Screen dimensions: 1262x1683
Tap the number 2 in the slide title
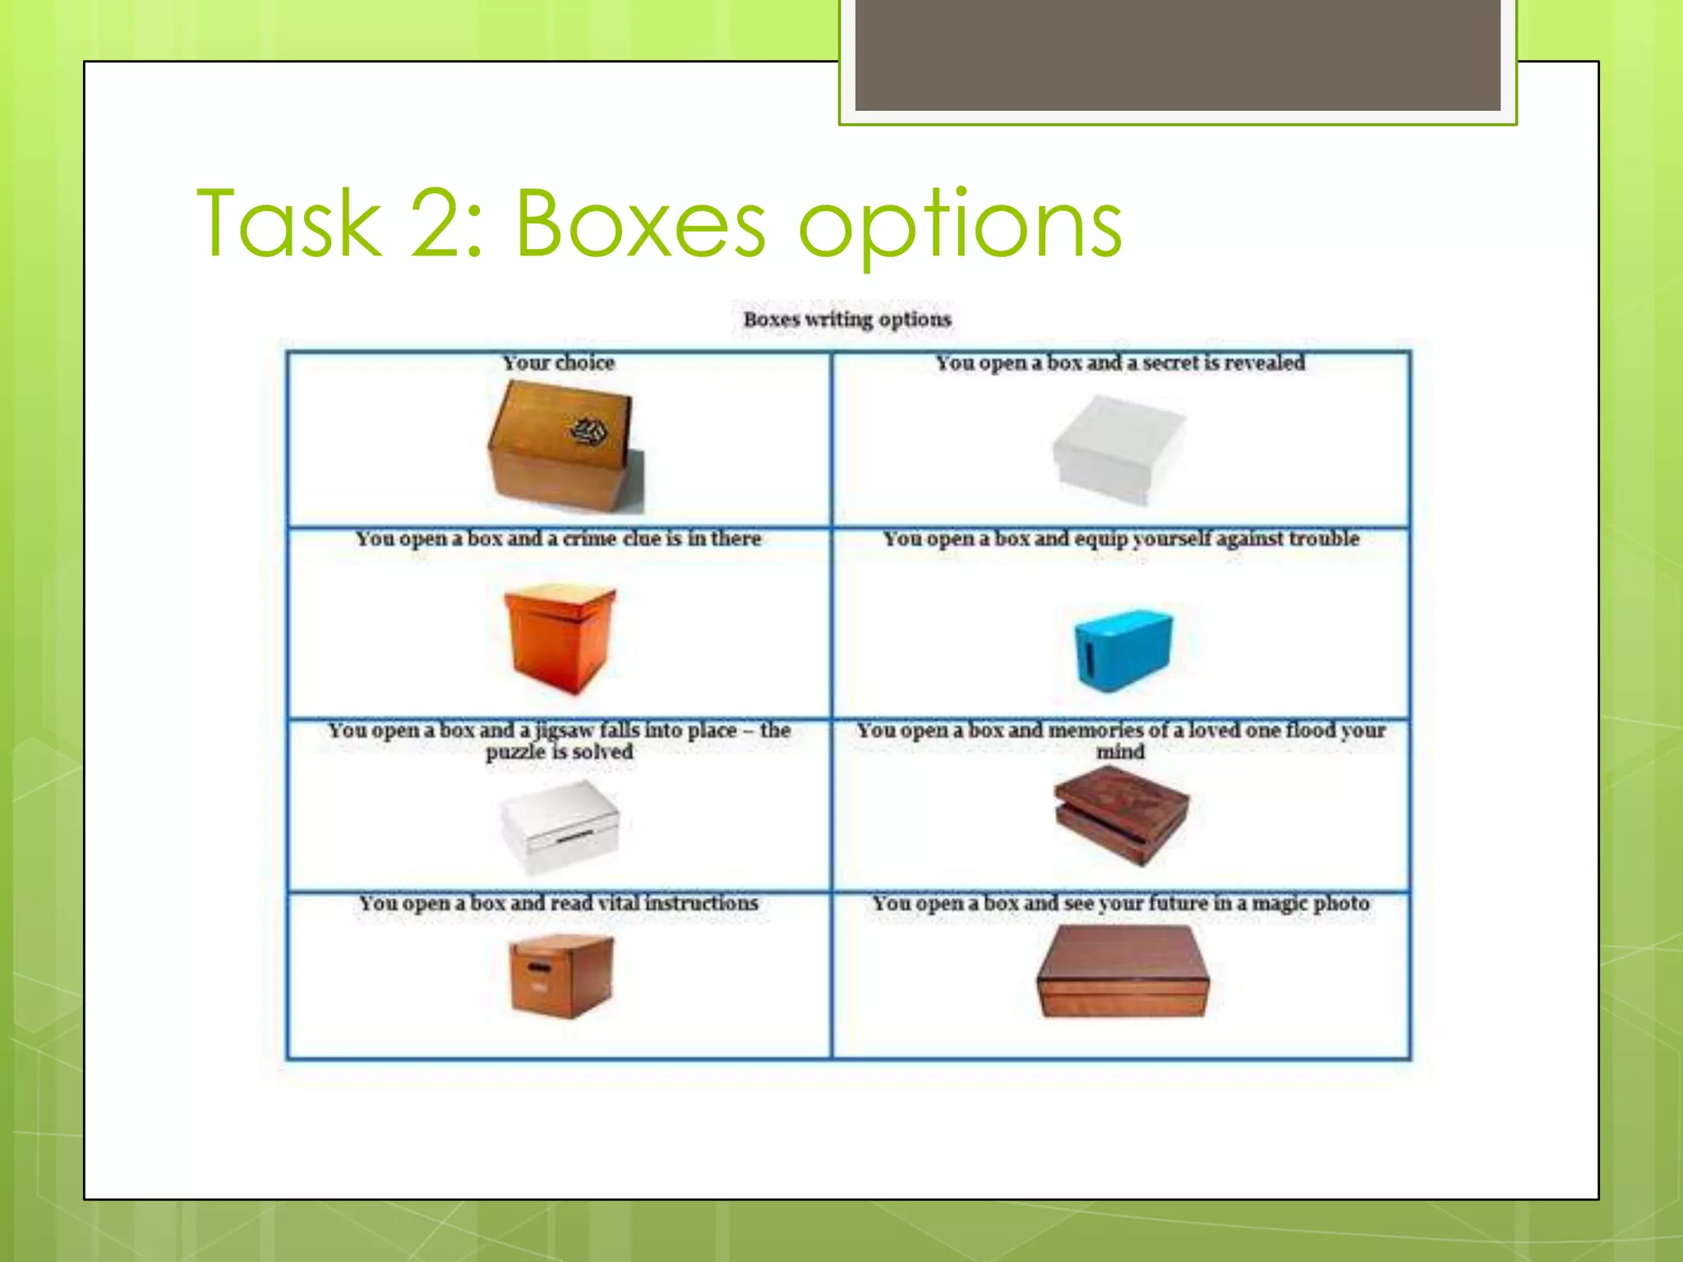442,223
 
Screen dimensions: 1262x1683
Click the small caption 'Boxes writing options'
847,319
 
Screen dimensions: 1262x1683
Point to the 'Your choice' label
558,362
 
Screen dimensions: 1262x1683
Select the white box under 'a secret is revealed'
1118,448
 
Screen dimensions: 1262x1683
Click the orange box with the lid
560,638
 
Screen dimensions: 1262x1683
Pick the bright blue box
1123,649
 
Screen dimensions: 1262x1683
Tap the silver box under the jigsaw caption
560,825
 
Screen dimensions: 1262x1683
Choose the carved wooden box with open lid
1121,813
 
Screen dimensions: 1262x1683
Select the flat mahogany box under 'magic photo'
1123,971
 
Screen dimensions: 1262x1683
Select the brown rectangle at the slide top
1178,54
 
